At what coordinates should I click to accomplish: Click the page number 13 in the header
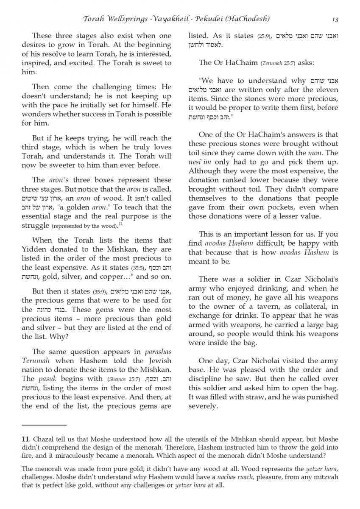(335, 19)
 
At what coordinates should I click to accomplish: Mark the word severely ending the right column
(203, 406)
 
